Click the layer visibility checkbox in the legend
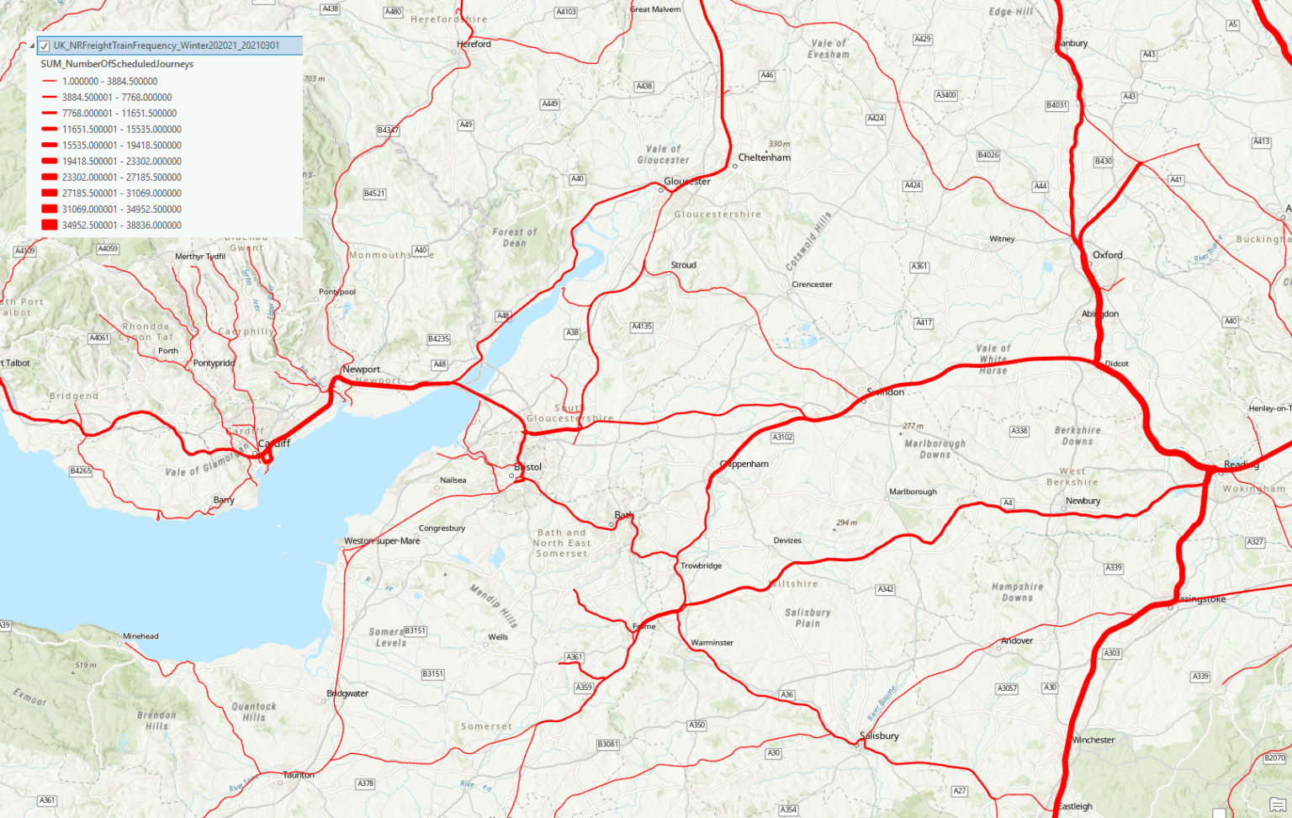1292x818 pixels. pyautogui.click(x=45, y=46)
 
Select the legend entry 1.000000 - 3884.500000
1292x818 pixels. pyautogui.click(x=109, y=82)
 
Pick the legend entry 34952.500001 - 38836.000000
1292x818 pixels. pyautogui.click(x=121, y=226)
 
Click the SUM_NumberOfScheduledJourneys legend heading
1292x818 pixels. pyautogui.click(x=117, y=64)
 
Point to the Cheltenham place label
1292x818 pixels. pyautogui.click(x=764, y=157)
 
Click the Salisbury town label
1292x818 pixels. pyautogui.click(x=880, y=736)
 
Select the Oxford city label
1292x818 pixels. pyautogui.click(x=1107, y=255)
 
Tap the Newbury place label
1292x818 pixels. pyautogui.click(x=1083, y=501)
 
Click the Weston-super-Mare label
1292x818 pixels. pyautogui.click(x=382, y=541)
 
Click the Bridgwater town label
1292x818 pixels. pyautogui.click(x=347, y=694)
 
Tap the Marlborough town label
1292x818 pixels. pyautogui.click(x=913, y=491)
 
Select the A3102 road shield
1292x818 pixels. pyautogui.click(x=782, y=438)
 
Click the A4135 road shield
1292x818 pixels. pyautogui.click(x=642, y=327)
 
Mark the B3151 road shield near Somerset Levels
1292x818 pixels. pyautogui.click(x=415, y=630)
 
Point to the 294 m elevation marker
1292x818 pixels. pyautogui.click(x=846, y=523)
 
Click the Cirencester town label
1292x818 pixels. pyautogui.click(x=812, y=284)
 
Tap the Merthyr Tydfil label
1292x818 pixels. pyautogui.click(x=200, y=257)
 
